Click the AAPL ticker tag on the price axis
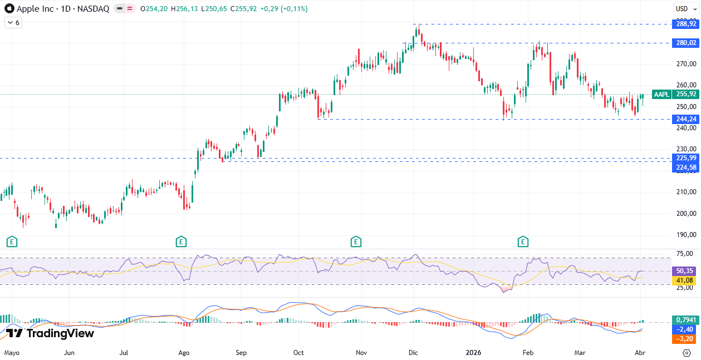[x=661, y=95]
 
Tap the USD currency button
[x=682, y=8]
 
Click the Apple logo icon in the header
[x=9, y=8]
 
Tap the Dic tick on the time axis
[x=413, y=353]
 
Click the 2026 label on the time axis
[x=473, y=353]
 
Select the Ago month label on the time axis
[x=184, y=353]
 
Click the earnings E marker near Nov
[x=356, y=241]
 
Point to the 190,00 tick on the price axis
[x=685, y=235]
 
